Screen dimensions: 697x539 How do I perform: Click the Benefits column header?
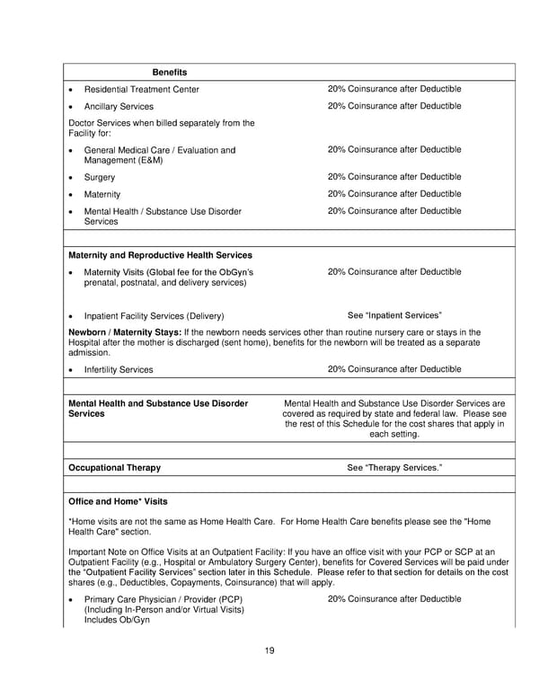(170, 72)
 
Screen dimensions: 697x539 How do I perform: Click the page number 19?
(269, 650)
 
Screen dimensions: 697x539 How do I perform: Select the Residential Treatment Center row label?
(141, 89)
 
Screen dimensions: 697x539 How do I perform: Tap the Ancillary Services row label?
(119, 107)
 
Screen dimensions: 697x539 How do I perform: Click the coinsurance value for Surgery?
(394, 177)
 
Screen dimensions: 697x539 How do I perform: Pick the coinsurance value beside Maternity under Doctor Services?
(394, 194)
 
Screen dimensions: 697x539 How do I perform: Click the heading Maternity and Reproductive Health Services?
(160, 255)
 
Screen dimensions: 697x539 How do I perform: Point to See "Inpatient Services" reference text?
(394, 315)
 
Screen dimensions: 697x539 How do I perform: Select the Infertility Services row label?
(119, 369)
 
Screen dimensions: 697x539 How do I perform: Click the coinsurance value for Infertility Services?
(394, 369)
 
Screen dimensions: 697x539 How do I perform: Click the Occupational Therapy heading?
(114, 467)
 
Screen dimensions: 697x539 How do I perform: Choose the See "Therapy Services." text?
(394, 467)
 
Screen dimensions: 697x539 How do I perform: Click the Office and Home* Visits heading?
(118, 501)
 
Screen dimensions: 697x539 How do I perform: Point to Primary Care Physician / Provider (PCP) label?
(163, 598)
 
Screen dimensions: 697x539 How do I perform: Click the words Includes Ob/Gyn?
(117, 621)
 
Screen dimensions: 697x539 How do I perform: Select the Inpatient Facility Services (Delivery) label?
(154, 316)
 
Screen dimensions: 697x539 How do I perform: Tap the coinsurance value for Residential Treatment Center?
(394, 89)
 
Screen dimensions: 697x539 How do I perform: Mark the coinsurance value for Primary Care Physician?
(394, 598)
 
